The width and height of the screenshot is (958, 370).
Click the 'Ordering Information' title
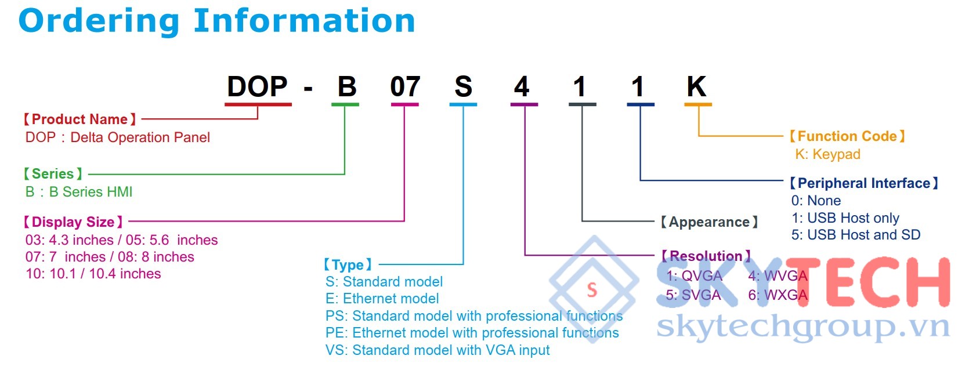(x=217, y=21)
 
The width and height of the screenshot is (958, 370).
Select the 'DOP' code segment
(x=258, y=87)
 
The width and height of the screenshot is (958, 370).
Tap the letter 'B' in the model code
(x=347, y=87)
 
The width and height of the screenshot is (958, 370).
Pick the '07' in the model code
(x=405, y=87)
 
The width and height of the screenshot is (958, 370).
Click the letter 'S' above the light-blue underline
(x=463, y=87)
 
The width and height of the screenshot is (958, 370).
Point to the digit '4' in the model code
(x=522, y=87)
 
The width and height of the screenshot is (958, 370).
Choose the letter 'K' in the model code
(x=696, y=87)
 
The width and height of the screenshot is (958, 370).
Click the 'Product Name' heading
(x=79, y=119)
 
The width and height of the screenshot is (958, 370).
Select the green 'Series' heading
(x=53, y=174)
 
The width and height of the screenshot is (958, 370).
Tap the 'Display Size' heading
(x=73, y=222)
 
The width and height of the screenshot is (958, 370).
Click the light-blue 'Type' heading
(x=348, y=265)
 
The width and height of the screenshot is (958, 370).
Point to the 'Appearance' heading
(x=709, y=222)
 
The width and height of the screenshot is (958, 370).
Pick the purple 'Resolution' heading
(x=706, y=256)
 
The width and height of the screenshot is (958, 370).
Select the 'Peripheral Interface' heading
(x=864, y=183)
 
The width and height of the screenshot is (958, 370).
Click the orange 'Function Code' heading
(x=847, y=136)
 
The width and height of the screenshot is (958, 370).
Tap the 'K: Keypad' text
(x=827, y=154)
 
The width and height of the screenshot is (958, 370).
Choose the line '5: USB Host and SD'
(x=856, y=235)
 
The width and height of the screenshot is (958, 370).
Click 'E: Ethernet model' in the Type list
(x=382, y=299)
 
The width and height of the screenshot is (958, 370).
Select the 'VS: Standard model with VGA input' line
(x=438, y=350)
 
